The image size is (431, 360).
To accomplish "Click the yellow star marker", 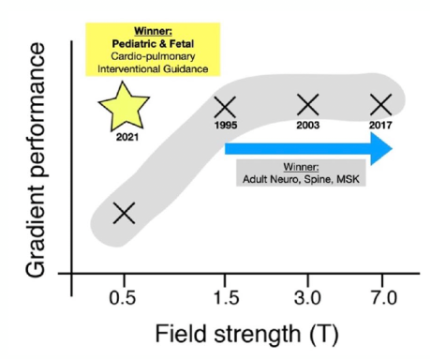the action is pyautogui.click(x=124, y=108).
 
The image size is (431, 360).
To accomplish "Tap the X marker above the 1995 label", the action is pyautogui.click(x=225, y=107).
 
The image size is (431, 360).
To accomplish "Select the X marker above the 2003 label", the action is pyautogui.click(x=308, y=105).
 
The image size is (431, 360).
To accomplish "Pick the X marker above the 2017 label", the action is pyautogui.click(x=380, y=105).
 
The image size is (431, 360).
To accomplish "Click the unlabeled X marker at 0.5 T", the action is pyautogui.click(x=124, y=213).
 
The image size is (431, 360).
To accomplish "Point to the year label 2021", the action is pyautogui.click(x=127, y=137).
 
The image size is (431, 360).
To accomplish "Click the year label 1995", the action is pyautogui.click(x=226, y=125).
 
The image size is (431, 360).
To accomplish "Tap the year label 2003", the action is pyautogui.click(x=308, y=125).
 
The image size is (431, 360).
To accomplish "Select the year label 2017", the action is pyautogui.click(x=380, y=125).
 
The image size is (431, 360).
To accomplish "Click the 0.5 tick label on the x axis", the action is pyautogui.click(x=123, y=297).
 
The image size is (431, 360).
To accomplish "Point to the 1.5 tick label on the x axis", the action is pyautogui.click(x=226, y=297).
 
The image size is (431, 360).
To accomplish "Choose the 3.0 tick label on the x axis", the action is pyautogui.click(x=307, y=297).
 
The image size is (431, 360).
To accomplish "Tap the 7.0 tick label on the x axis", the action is pyautogui.click(x=384, y=297).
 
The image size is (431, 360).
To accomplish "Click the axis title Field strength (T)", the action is pyautogui.click(x=246, y=334).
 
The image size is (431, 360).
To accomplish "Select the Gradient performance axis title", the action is pyautogui.click(x=36, y=159).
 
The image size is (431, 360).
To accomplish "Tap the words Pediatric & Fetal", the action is pyautogui.click(x=153, y=44).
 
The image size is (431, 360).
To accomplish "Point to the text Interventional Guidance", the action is pyautogui.click(x=153, y=68).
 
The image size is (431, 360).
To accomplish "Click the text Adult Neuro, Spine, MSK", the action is pyautogui.click(x=301, y=179).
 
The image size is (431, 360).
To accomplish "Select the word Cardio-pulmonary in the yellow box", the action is pyautogui.click(x=153, y=56).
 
